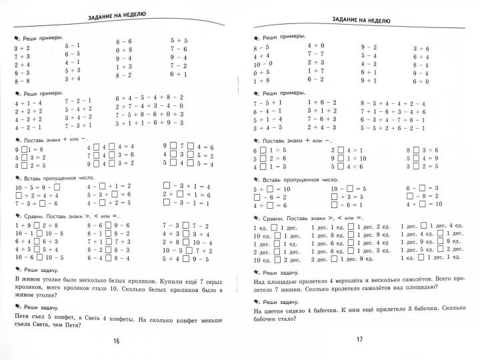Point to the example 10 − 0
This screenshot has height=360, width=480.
click(x=261, y=63)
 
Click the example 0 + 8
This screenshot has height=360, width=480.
click(x=124, y=49)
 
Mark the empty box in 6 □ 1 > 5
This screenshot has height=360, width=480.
click(x=264, y=151)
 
